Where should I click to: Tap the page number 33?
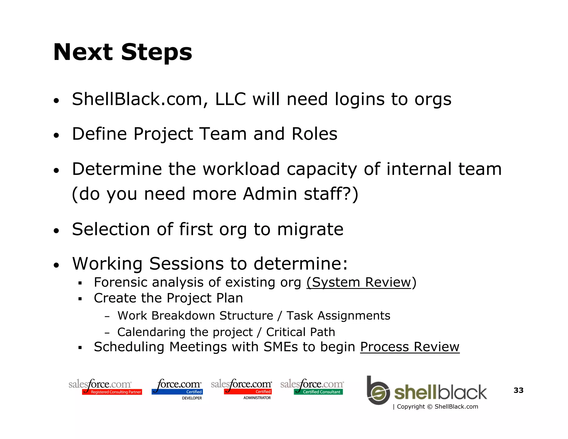518,390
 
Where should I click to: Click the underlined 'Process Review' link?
410,347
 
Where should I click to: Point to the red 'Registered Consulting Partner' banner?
112,392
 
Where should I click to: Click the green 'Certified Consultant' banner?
318,392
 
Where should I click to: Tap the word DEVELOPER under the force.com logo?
192,398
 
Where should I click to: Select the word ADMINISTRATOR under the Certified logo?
257,398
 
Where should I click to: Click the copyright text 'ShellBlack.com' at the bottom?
456,407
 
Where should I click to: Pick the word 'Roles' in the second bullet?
314,134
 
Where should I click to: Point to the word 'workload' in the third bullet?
241,169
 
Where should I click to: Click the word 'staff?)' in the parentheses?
331,194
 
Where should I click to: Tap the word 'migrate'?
310,229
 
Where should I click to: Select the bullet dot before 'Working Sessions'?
57,265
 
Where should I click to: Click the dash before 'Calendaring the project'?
107,333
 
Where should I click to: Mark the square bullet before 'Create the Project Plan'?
80,299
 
